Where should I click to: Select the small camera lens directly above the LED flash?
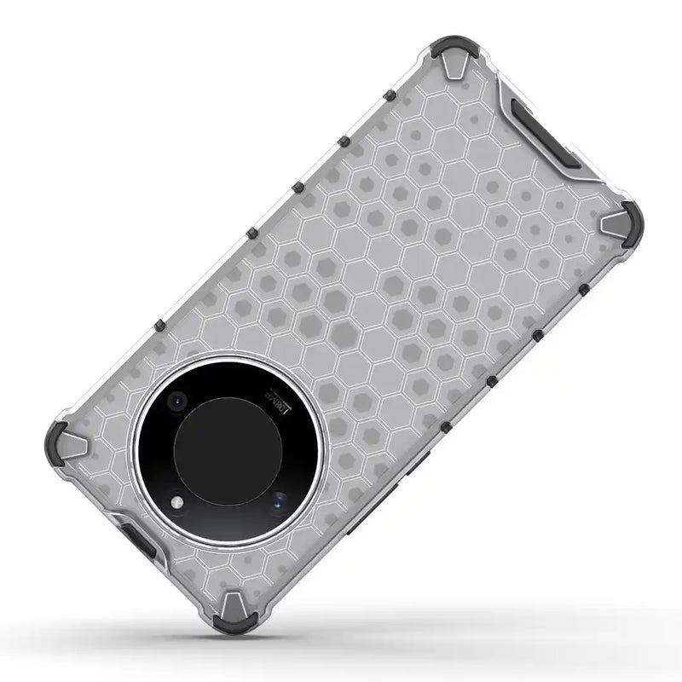point(178,400)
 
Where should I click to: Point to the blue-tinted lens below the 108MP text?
point(280,502)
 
